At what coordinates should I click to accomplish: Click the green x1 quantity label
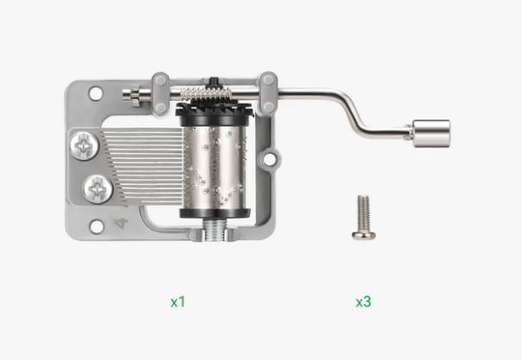coord(177,302)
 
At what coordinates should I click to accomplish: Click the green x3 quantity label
coord(364,301)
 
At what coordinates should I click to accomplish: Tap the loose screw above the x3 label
coord(364,217)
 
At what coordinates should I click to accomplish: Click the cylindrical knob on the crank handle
coord(432,133)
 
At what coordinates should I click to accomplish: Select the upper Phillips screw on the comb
coord(84,146)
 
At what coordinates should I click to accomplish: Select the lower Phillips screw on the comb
coord(97,189)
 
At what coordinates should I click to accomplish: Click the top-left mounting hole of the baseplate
coord(96,93)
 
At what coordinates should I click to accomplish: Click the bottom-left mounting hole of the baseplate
coord(96,227)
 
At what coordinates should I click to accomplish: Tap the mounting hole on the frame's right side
coord(270,159)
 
